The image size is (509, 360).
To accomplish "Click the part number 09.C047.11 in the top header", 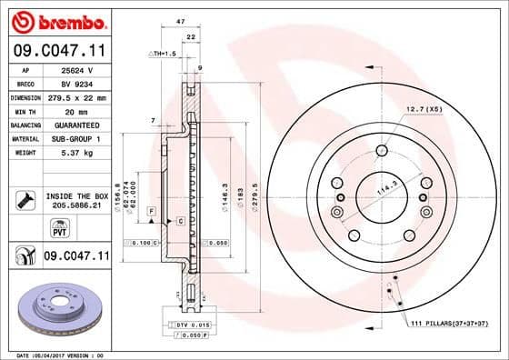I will [55, 54].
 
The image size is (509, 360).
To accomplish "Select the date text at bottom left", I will [55, 354].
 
